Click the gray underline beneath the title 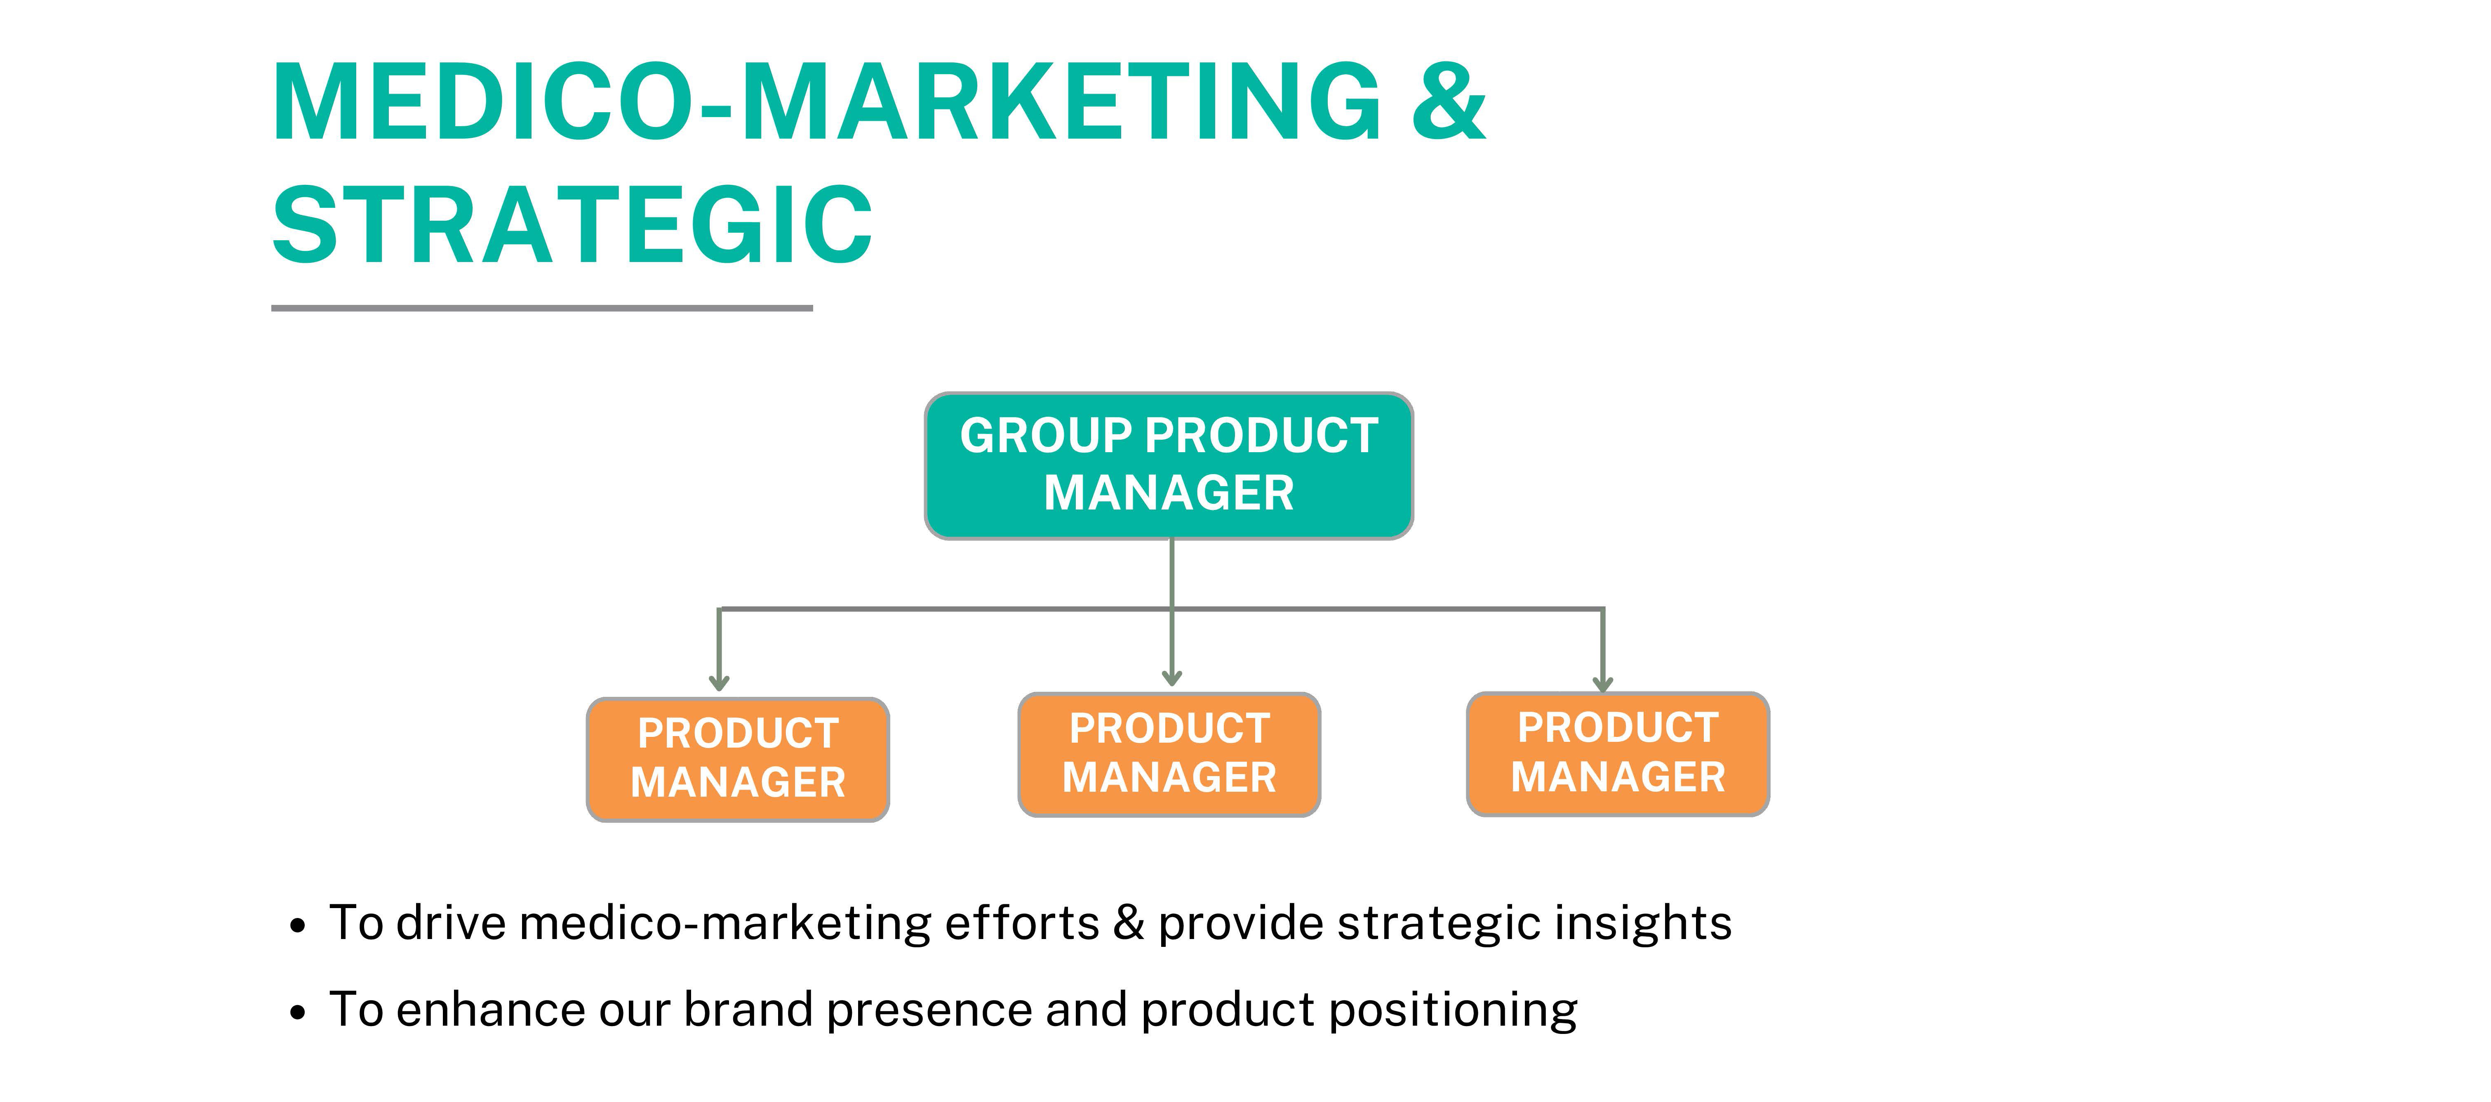click(x=541, y=308)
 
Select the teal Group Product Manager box click(x=1169, y=465)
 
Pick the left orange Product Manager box click(x=738, y=760)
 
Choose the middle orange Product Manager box click(x=1169, y=755)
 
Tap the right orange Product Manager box click(x=1618, y=754)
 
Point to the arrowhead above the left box click(x=718, y=682)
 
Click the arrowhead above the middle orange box click(x=1172, y=677)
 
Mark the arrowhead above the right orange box click(x=1602, y=683)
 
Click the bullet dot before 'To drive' click(x=298, y=926)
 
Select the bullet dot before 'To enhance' click(x=298, y=1013)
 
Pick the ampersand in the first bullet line click(x=1129, y=923)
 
